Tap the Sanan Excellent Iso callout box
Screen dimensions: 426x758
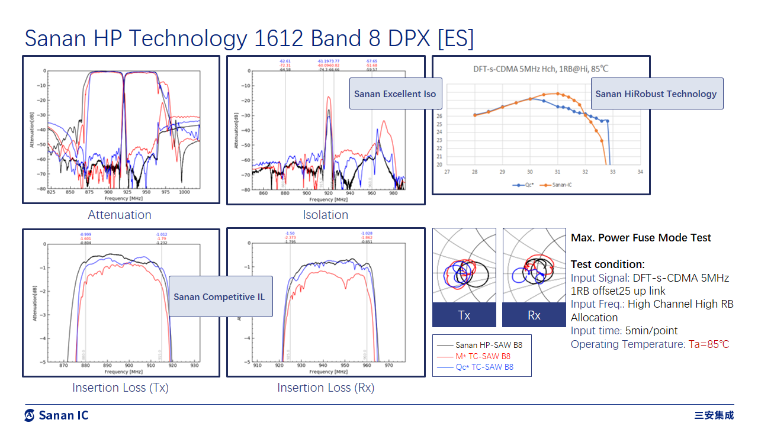[395, 93]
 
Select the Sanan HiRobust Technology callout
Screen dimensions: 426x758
[656, 93]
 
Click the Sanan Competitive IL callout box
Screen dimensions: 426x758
[220, 296]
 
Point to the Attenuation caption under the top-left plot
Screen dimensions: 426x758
[120, 215]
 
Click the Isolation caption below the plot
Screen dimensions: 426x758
[325, 215]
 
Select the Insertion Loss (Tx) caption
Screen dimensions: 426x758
[120, 388]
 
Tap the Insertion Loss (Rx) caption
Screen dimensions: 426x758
[326, 388]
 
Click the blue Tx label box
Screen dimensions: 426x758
[464, 315]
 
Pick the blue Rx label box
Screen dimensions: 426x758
[534, 315]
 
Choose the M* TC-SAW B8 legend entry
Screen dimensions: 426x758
[483, 356]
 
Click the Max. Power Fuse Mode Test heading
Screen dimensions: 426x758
[641, 238]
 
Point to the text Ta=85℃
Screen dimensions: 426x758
[708, 344]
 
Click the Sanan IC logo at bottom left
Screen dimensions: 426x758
[56, 415]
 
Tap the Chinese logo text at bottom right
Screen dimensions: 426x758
[714, 415]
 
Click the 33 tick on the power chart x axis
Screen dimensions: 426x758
[612, 172]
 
